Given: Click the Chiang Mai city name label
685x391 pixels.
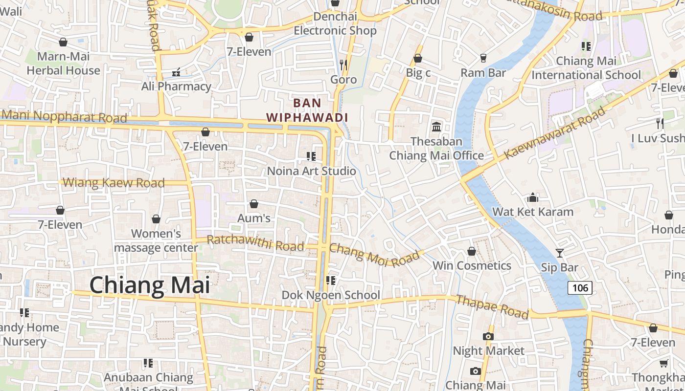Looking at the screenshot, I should [149, 285].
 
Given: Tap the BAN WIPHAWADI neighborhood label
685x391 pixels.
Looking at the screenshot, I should [307, 110].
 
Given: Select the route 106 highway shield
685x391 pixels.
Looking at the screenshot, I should [580, 288].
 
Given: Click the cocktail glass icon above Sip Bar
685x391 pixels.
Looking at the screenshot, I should [560, 253].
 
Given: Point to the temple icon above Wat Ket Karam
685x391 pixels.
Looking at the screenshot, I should [533, 197].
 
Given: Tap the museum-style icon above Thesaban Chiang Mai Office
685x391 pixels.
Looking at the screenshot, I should [436, 127].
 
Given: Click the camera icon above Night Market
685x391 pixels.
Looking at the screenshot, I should [488, 336].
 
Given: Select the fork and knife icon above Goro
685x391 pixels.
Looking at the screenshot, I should [343, 65].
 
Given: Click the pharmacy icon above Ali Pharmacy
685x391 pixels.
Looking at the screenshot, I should [176, 72].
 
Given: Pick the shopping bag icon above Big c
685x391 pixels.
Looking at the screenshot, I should [418, 58].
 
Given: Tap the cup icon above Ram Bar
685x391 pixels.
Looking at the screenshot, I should [483, 58].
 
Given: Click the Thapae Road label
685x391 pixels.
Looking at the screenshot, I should [492, 306].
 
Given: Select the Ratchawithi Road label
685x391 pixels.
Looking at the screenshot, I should [255, 242].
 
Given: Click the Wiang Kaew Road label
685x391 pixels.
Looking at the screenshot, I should [114, 183].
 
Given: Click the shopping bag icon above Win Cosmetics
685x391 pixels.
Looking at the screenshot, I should [472, 252].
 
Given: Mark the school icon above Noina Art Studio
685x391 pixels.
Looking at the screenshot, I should [311, 156].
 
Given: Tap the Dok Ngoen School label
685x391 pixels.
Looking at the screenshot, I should [331, 295].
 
